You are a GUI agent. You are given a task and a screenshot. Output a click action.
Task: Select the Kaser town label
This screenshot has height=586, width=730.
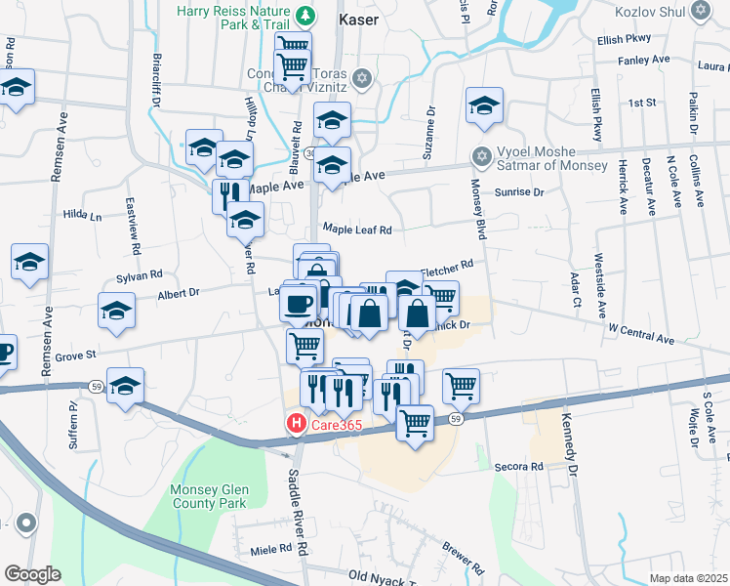pos(358,18)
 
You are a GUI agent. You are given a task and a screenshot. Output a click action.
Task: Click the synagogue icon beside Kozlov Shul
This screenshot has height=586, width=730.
pos(700,11)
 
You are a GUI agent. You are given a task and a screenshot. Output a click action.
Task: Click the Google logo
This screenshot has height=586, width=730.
pos(32,574)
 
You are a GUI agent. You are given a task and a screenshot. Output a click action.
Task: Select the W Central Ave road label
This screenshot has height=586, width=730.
pos(641,337)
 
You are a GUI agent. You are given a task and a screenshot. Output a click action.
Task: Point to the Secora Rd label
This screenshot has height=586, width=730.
pos(518,467)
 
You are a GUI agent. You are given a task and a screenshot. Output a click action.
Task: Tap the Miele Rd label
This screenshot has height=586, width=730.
pos(264,551)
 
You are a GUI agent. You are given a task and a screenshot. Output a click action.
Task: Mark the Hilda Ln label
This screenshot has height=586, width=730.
pos(82,214)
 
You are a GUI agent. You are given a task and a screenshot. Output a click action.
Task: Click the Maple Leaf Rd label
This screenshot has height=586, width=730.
pos(357,230)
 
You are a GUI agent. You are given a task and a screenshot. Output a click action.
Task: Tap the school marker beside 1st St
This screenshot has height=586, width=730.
pos(484,107)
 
